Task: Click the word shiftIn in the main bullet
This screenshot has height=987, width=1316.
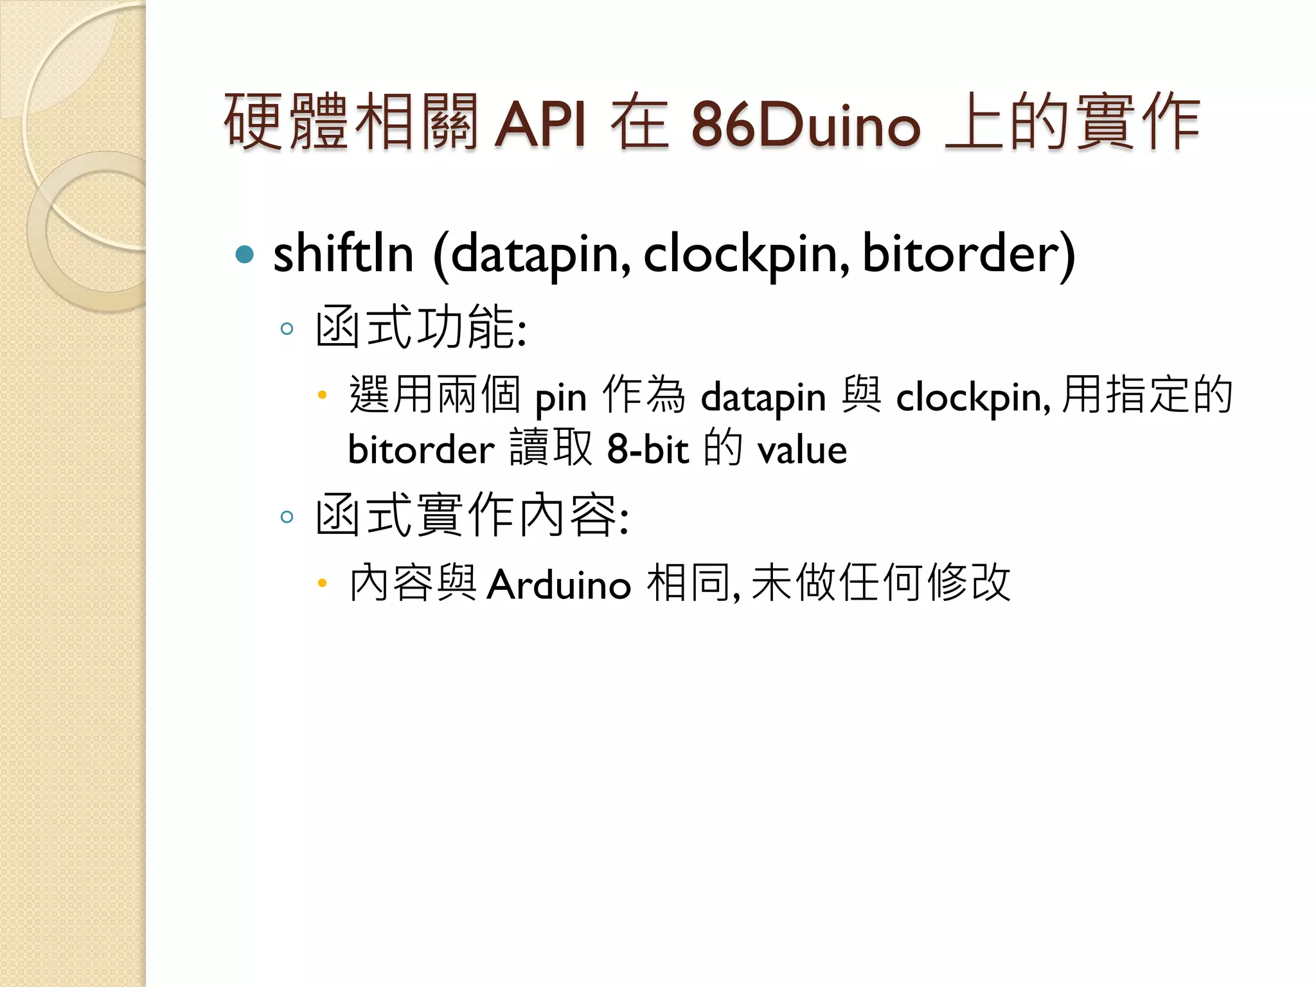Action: tap(343, 253)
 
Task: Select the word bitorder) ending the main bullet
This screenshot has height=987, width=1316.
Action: tap(968, 253)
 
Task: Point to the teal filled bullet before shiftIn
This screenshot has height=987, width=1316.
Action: tap(245, 254)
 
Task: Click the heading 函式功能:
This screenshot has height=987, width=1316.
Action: tap(421, 327)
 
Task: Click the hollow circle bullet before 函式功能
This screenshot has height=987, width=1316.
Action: tap(287, 330)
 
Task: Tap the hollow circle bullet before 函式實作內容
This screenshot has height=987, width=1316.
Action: tap(287, 517)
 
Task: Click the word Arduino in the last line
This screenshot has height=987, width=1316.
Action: tap(558, 585)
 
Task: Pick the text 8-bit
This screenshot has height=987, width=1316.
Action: tap(648, 449)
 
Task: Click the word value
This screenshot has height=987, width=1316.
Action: tap(802, 450)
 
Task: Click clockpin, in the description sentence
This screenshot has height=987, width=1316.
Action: tap(973, 397)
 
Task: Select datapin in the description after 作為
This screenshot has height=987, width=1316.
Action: tap(763, 397)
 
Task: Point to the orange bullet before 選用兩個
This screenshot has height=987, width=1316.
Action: tap(323, 395)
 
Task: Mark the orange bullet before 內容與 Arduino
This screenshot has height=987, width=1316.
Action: tap(323, 583)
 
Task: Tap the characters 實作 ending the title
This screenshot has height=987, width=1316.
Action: tap(1137, 122)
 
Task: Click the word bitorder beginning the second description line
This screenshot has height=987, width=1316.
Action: tap(421, 449)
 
